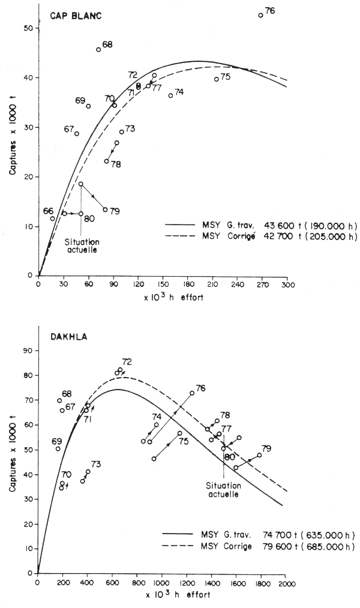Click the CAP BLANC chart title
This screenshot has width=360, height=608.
(74, 16)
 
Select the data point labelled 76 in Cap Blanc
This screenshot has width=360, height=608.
(260, 16)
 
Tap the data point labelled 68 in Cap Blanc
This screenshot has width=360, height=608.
(98, 49)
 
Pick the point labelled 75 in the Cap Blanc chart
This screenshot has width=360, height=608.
(216, 79)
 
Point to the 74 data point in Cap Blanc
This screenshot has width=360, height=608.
(170, 95)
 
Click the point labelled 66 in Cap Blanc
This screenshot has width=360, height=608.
(53, 218)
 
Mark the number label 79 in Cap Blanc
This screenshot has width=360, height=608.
(115, 211)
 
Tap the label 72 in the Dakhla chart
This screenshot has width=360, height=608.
(127, 362)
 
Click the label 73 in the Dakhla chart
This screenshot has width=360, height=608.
(95, 464)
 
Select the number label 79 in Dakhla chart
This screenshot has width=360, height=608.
(266, 449)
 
